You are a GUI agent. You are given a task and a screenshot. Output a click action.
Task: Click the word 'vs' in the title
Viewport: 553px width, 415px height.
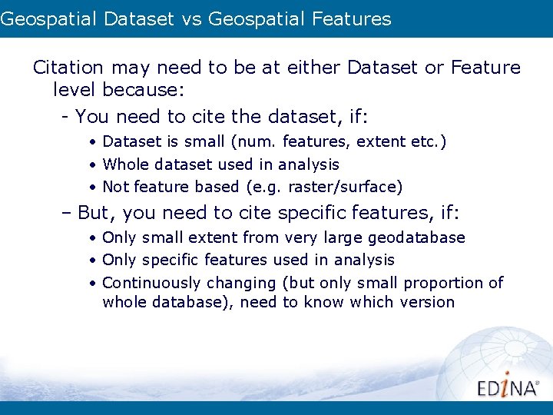pos(192,19)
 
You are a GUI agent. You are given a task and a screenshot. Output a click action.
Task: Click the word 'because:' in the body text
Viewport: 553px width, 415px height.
pos(142,91)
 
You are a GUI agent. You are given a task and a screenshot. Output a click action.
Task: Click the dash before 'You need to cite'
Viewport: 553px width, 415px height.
pos(67,117)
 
